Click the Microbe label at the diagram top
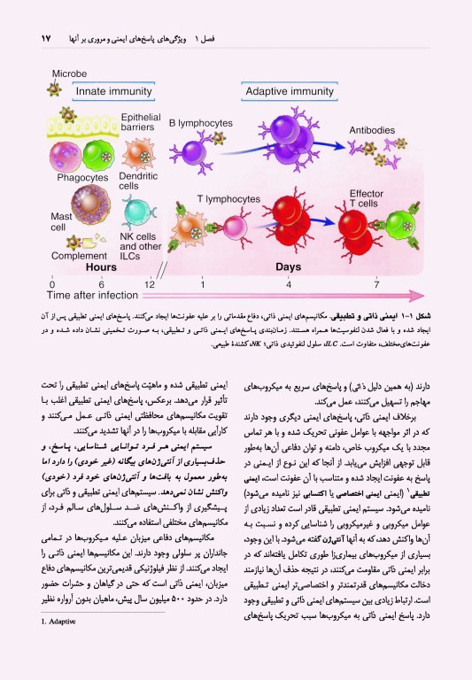[68, 73]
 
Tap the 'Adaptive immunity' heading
[289, 90]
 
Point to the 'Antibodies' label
[372, 131]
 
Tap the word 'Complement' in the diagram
[81, 257]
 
